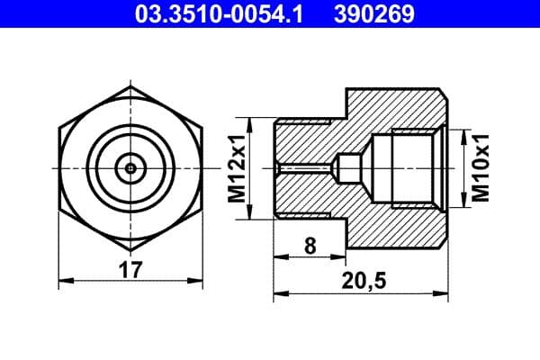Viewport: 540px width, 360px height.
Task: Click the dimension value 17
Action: tap(131, 267)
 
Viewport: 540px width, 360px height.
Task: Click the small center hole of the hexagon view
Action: tap(131, 167)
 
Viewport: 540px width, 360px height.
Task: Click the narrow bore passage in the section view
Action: tap(306, 167)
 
